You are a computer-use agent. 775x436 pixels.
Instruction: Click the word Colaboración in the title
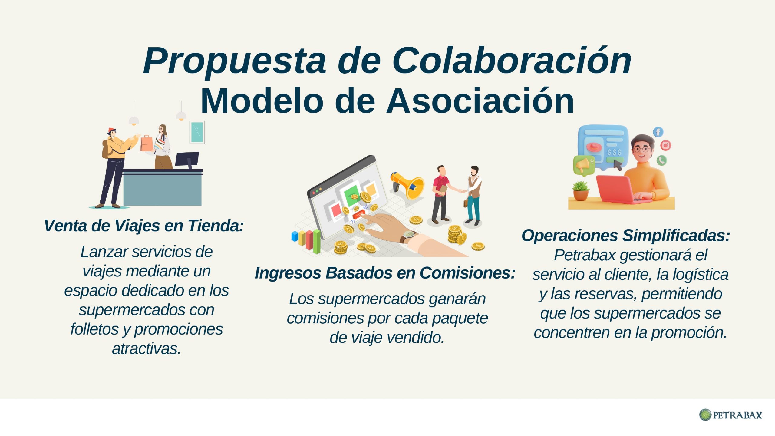(x=512, y=61)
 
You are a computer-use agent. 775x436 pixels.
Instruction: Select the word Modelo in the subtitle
(x=262, y=101)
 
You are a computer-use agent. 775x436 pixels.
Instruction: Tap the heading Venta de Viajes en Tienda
(x=144, y=226)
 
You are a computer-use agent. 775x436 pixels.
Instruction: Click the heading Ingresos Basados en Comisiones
(x=385, y=273)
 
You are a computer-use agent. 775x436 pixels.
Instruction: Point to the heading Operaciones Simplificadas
(x=626, y=236)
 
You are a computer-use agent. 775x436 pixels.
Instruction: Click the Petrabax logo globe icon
(x=705, y=415)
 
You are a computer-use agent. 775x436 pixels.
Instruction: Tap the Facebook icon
(x=658, y=132)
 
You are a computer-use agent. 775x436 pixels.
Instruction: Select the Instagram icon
(x=665, y=146)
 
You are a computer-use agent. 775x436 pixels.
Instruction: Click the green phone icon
(x=661, y=160)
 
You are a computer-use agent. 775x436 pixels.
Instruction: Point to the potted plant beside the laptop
(x=581, y=191)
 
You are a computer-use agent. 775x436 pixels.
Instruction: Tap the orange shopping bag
(x=147, y=144)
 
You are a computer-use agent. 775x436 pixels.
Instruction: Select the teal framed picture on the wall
(x=197, y=132)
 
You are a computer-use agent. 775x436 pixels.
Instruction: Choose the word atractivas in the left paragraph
(x=147, y=349)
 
